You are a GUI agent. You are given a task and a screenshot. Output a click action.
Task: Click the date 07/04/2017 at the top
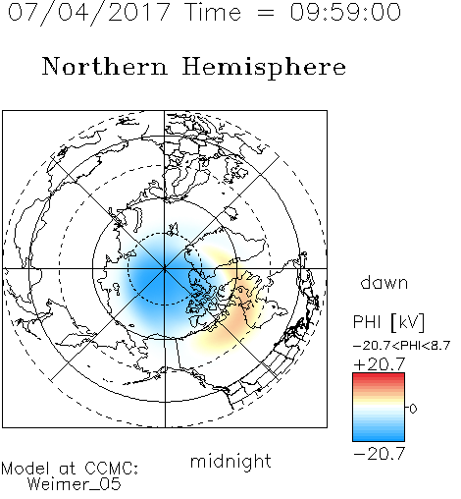click(88, 12)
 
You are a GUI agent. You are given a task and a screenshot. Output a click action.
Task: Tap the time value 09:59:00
click(345, 12)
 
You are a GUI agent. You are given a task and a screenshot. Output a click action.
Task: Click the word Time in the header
click(213, 12)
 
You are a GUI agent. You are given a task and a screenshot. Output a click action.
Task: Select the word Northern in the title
click(105, 66)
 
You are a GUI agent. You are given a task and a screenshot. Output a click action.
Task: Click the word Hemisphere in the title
click(264, 68)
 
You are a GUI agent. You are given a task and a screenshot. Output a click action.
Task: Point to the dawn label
click(384, 282)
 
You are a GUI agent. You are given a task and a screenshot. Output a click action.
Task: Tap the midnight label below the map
click(230, 461)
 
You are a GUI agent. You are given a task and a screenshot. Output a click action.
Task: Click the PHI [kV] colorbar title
click(388, 322)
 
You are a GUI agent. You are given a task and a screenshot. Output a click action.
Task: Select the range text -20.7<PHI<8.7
click(402, 346)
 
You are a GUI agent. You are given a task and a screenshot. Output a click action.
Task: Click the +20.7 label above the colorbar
click(380, 364)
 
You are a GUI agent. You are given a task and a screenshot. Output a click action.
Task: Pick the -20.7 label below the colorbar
click(380, 454)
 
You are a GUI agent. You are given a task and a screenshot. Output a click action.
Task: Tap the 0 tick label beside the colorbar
click(413, 409)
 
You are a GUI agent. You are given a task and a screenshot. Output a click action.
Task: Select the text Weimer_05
click(75, 483)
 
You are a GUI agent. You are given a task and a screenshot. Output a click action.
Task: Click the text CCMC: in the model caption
click(111, 469)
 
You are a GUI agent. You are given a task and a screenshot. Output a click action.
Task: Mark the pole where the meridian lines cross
click(165, 268)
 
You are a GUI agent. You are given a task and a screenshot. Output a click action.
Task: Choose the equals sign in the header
click(266, 13)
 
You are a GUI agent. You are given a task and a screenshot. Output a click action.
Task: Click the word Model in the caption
click(26, 469)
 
